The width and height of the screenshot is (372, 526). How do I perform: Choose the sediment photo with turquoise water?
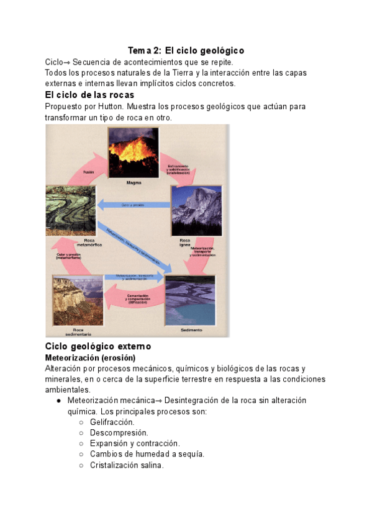(x=190, y=300)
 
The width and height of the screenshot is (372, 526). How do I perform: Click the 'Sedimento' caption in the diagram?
(x=191, y=331)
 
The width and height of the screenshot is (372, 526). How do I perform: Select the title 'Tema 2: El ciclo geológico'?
(x=186, y=50)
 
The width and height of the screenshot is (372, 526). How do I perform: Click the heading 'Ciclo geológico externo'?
(x=98, y=346)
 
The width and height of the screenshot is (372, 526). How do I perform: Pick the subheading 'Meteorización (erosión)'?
(x=90, y=358)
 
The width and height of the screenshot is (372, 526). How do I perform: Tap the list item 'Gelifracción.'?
(x=112, y=422)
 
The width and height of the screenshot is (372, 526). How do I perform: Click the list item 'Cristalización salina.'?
(x=127, y=465)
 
